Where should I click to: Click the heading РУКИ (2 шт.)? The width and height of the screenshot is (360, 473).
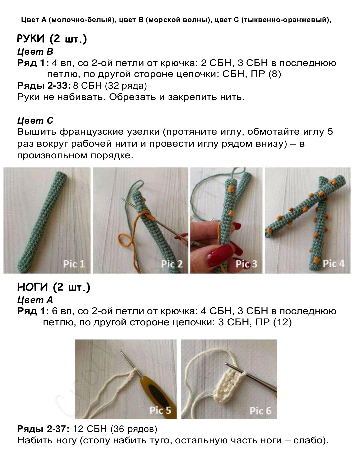52,39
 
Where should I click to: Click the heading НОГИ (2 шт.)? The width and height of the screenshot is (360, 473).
54,287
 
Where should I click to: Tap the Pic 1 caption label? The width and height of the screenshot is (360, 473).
74,264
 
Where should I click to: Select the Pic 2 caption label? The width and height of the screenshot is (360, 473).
172,264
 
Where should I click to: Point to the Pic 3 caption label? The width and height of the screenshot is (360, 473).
246,264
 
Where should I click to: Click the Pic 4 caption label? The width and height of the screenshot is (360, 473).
333,263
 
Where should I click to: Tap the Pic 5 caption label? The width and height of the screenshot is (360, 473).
160,410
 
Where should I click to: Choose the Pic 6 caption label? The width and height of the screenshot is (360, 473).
260,411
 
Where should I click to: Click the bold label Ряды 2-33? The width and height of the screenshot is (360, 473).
44,86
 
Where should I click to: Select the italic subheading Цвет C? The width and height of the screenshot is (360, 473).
35,120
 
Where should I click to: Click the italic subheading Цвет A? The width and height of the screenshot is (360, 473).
35,300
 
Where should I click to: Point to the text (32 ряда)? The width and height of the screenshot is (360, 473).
126,86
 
